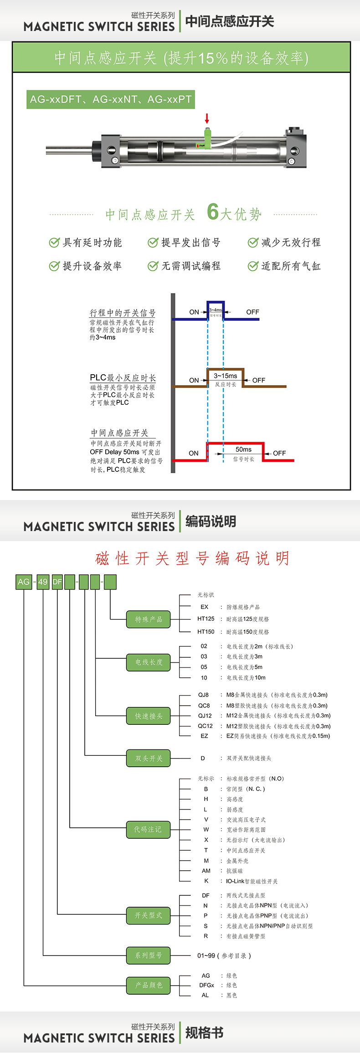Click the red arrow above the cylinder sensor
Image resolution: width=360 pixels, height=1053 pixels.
pyautogui.click(x=207, y=119)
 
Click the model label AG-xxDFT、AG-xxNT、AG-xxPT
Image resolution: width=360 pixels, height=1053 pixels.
pyautogui.click(x=111, y=99)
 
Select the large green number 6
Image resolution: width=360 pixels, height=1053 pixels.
pyautogui.click(x=213, y=212)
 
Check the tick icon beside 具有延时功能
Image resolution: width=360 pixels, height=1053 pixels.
pyautogui.click(x=54, y=243)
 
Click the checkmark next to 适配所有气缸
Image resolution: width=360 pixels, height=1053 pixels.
pyautogui.click(x=253, y=266)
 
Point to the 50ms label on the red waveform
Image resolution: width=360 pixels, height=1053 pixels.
pyautogui.click(x=243, y=449)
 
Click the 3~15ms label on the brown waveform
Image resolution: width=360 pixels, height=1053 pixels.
pyautogui.click(x=226, y=376)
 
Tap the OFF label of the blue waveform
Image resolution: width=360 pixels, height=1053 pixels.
pyautogui.click(x=252, y=312)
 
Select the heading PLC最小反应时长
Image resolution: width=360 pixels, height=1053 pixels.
pyautogui.click(x=123, y=378)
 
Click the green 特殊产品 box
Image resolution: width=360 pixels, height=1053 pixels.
pyautogui.click(x=149, y=619)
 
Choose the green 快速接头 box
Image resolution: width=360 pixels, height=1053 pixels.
pyautogui.click(x=149, y=716)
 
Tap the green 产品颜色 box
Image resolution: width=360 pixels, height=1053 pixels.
pyautogui.click(x=149, y=985)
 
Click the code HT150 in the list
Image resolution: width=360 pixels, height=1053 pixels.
pyautogui.click(x=206, y=632)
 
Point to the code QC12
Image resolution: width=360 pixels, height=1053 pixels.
pyautogui.click(x=205, y=726)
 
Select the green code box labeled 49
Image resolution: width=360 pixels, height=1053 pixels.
pyautogui.click(x=43, y=582)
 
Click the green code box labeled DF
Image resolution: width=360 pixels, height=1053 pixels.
pyautogui.click(x=57, y=582)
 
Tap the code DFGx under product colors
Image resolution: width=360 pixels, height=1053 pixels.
pyautogui.click(x=206, y=985)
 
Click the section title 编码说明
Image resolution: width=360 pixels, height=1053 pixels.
pyautogui.click(x=211, y=521)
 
